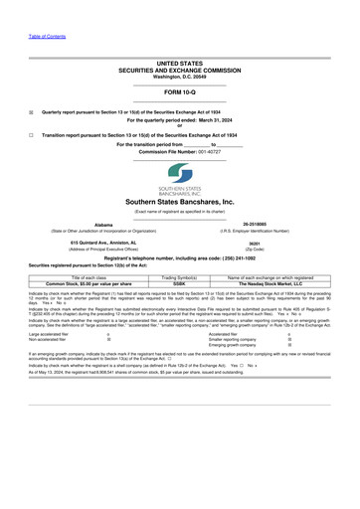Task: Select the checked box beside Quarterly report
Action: (x=31, y=112)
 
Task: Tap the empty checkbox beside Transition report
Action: (x=31, y=133)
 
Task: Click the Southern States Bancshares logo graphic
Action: (x=180, y=178)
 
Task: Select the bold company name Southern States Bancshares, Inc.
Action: (x=180, y=202)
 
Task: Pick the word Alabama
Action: (x=102, y=225)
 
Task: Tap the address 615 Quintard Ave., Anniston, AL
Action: (x=102, y=243)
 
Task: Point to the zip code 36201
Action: (x=254, y=244)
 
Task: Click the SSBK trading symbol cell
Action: (x=179, y=282)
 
